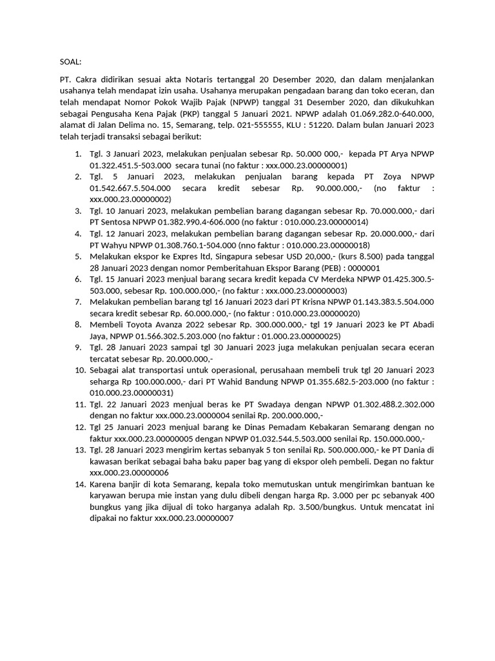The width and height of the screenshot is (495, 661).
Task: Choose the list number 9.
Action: pos(78,347)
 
